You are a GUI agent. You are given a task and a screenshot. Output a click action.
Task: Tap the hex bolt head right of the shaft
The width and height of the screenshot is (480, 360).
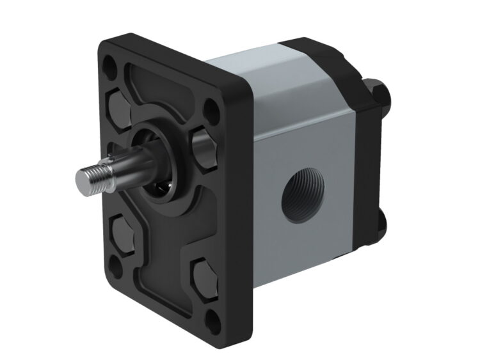pyautogui.click(x=203, y=149)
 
